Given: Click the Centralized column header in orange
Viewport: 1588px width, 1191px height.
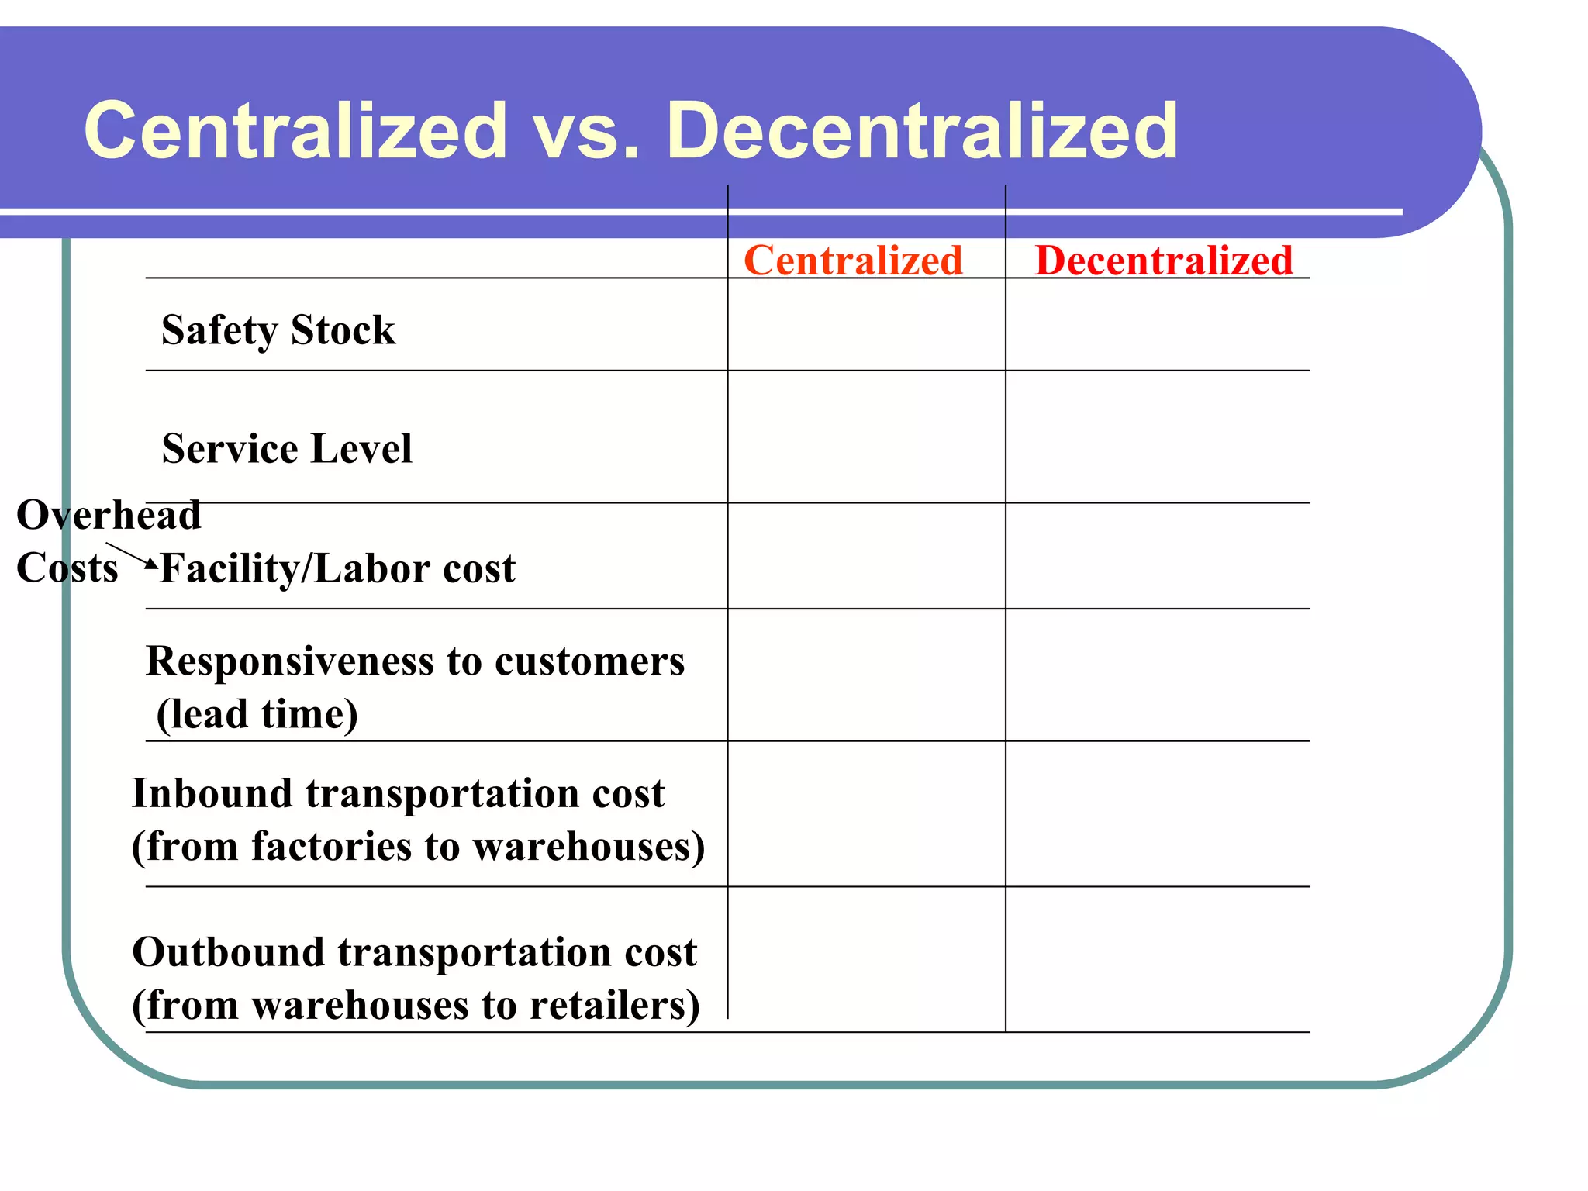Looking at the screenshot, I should coord(853,260).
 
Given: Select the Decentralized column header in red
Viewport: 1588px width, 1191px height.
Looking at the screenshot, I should coord(1163,260).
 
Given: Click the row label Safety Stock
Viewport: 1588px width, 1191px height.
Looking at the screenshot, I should coord(278,330).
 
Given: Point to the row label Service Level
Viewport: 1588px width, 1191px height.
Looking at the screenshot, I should coord(287,449).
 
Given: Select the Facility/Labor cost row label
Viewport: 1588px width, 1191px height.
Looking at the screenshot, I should coord(338,568).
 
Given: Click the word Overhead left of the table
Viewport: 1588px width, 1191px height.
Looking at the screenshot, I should coord(109,515).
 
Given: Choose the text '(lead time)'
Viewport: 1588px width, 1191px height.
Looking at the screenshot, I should coord(257,714).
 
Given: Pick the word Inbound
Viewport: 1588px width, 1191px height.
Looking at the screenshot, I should coord(213,793).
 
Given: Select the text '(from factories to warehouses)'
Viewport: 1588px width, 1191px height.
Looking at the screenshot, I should coord(419,846).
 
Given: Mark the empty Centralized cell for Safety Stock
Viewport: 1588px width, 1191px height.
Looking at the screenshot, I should coord(866,324).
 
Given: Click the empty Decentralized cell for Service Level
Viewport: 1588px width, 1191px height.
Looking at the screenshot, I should coord(1157,437).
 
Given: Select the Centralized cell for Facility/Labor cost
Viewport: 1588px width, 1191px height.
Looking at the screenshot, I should coord(866,555).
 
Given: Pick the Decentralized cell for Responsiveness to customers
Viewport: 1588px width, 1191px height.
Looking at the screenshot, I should coord(1157,675).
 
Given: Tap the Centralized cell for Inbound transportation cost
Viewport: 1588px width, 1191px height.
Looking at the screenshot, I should coord(866,813).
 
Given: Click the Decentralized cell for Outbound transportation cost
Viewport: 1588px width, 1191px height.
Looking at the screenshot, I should coord(1157,958).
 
